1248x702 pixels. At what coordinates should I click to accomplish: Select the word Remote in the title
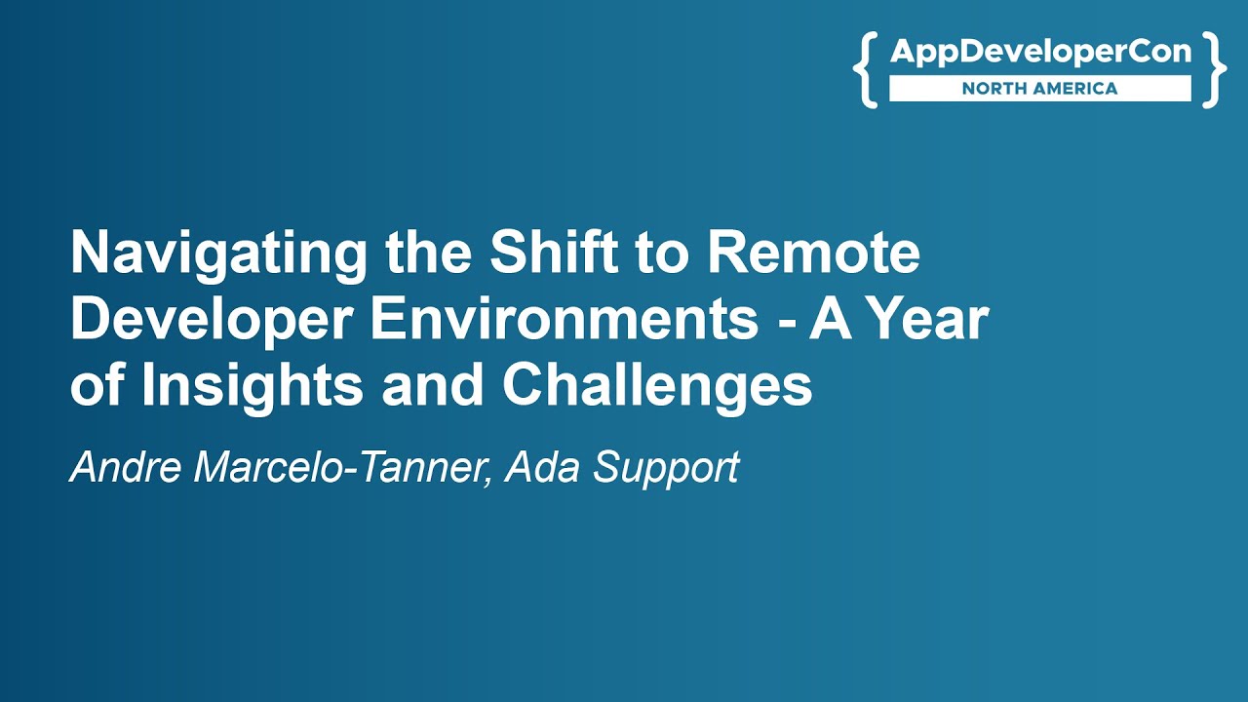[813, 253]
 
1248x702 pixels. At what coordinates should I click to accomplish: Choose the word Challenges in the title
[657, 386]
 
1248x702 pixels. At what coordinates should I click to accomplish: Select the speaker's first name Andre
[127, 468]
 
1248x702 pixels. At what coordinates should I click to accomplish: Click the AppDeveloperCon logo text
[1040, 53]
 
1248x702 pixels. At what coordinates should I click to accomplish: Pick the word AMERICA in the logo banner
[1078, 89]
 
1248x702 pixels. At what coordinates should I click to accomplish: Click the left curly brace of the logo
[866, 68]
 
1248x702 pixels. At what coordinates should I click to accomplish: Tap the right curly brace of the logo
[1214, 68]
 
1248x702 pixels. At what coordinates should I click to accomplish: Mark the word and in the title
[433, 386]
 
